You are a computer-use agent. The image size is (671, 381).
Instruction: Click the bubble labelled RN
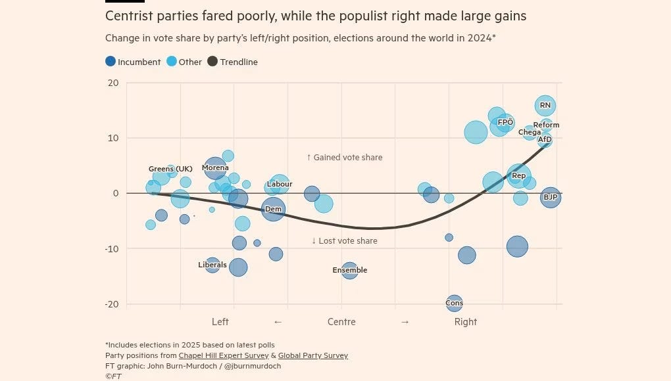point(545,105)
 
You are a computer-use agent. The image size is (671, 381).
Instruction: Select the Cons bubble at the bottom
point(454,303)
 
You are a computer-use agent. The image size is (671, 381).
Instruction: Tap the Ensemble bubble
point(349,270)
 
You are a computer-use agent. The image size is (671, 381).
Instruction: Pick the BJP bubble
point(550,197)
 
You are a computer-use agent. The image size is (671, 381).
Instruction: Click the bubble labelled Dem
point(273,209)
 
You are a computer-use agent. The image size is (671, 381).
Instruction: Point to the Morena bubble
point(215,168)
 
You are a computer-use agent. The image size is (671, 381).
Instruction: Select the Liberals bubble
point(212,265)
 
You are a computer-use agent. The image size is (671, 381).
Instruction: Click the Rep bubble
point(518,175)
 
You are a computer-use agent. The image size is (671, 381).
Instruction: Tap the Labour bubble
point(280,185)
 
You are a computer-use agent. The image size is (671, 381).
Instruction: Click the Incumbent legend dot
point(111,62)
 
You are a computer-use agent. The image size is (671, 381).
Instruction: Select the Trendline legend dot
point(212,62)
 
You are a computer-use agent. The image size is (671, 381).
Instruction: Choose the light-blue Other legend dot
point(172,62)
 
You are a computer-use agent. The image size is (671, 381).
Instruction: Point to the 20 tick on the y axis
point(113,83)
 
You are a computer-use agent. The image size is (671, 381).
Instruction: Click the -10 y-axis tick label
point(112,248)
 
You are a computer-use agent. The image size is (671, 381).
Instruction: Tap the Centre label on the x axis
point(341,322)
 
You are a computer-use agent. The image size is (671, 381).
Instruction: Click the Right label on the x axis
point(465,322)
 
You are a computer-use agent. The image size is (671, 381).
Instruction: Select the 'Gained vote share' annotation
point(344,158)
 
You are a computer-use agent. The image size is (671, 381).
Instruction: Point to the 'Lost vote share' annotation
point(344,241)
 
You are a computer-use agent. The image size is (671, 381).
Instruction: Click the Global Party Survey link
point(312,355)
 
